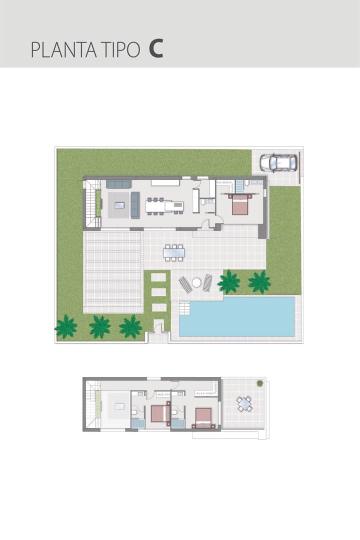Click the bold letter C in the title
(x=155, y=49)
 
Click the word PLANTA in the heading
(x=64, y=50)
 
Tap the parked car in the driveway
(x=278, y=162)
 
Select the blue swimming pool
(x=236, y=316)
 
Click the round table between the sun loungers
(x=196, y=282)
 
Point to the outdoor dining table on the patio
(x=174, y=253)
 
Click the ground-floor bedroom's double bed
(x=240, y=204)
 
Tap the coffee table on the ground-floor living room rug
(x=119, y=205)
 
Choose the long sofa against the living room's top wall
(x=119, y=184)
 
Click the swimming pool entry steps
(x=184, y=307)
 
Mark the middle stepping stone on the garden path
(x=159, y=292)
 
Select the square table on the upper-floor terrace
(x=244, y=404)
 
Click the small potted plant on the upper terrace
(x=260, y=383)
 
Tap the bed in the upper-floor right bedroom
(x=204, y=417)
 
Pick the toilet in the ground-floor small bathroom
(x=203, y=202)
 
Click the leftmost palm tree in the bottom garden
(x=66, y=326)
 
